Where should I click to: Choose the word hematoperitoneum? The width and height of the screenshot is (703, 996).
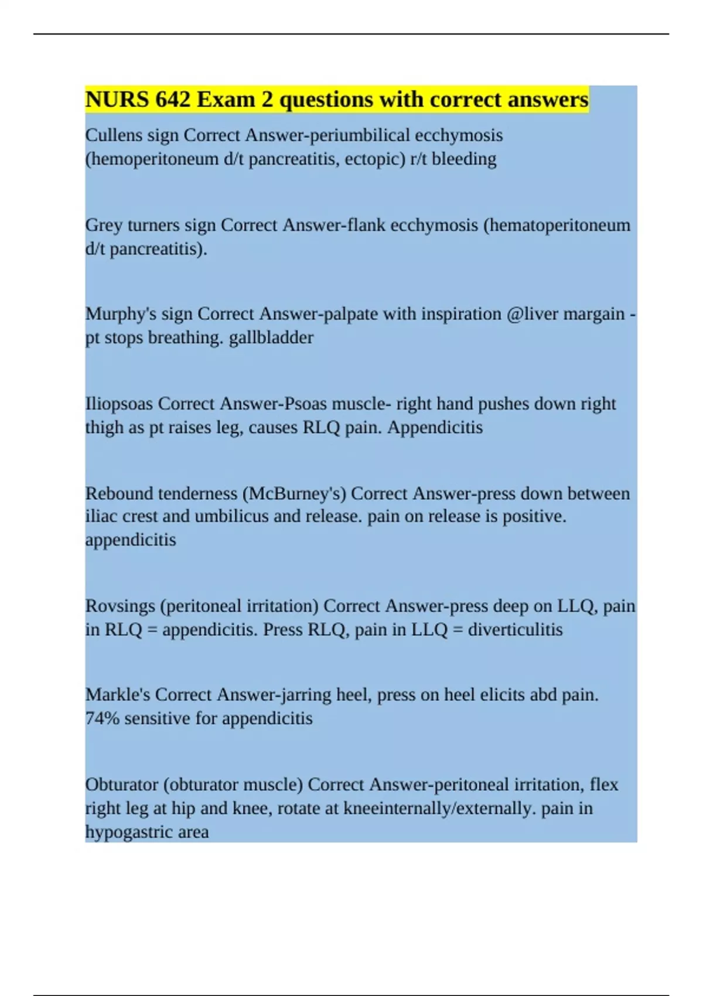(x=557, y=226)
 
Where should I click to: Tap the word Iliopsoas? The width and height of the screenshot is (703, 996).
(x=119, y=404)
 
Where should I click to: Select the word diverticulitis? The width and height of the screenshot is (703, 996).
(x=515, y=630)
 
